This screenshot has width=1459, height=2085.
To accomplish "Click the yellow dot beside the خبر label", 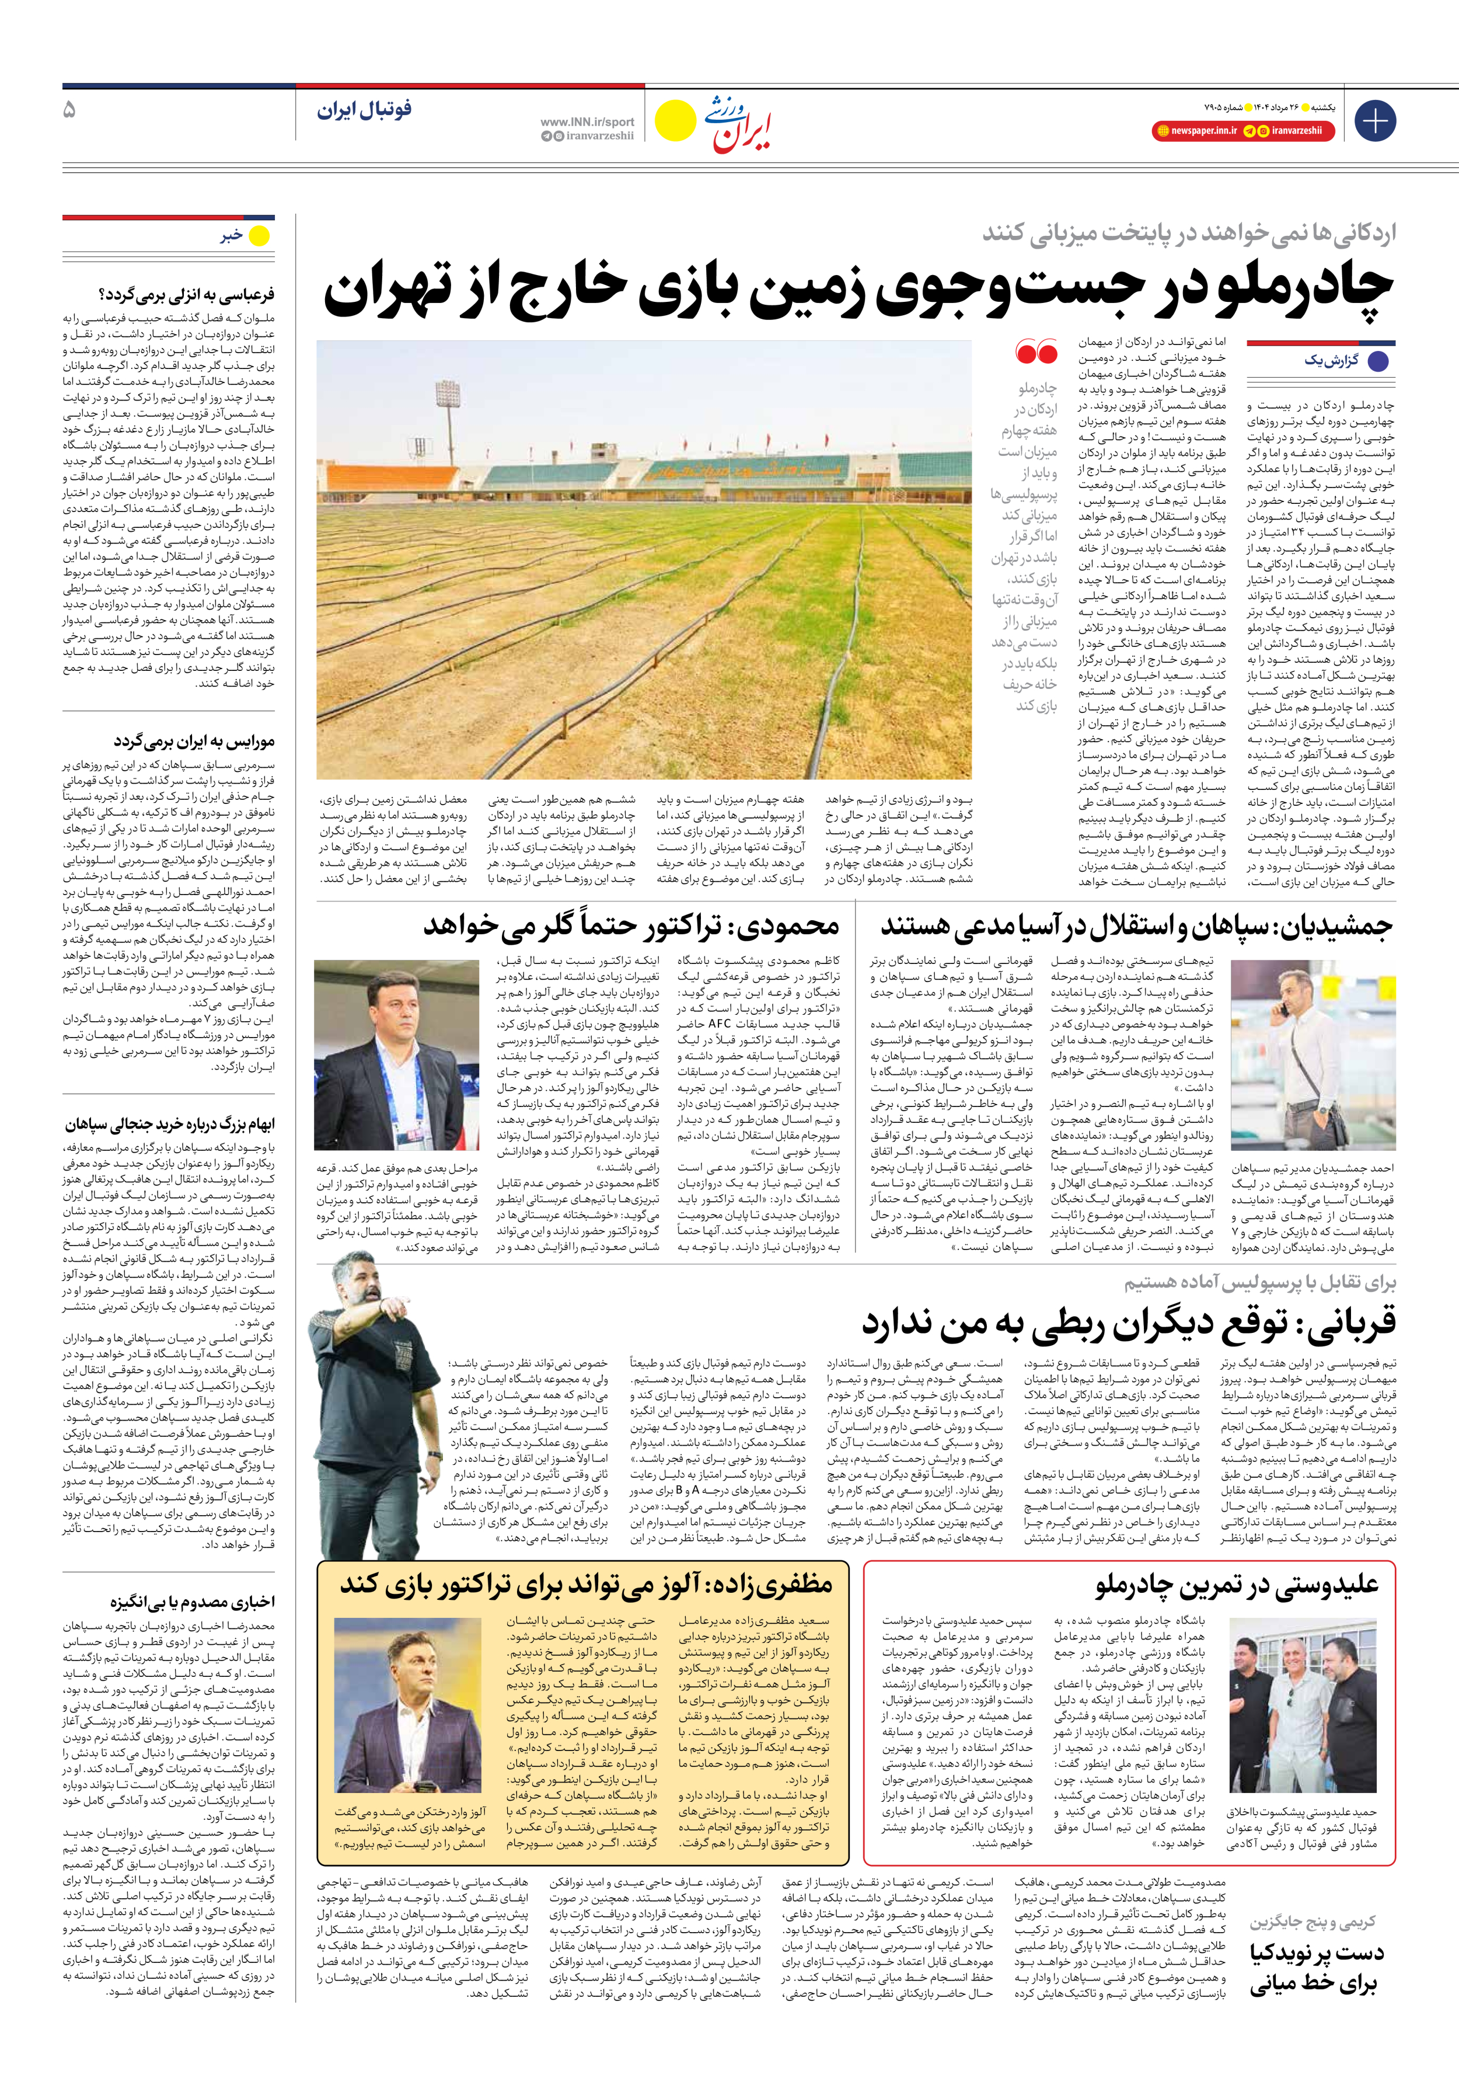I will [260, 236].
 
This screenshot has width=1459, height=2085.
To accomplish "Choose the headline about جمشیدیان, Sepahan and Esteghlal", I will [1135, 926].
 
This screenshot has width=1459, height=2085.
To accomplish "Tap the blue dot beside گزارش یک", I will [1378, 360].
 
